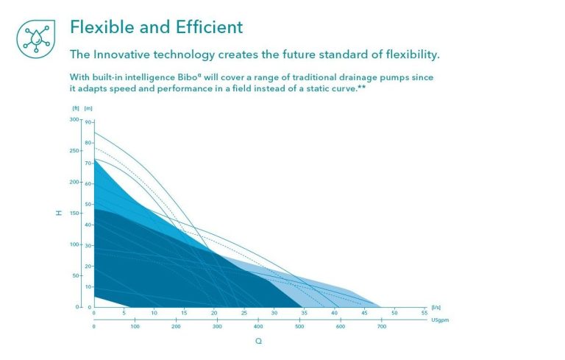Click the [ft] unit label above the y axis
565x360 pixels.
(x=75, y=108)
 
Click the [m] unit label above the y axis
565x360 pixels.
(x=88, y=108)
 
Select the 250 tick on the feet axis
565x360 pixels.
(x=74, y=151)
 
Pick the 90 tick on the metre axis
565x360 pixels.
(x=88, y=121)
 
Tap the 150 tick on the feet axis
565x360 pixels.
(x=74, y=213)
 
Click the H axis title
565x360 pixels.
(x=59, y=213)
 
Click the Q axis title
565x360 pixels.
(x=258, y=341)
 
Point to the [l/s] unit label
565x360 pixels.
(x=436, y=307)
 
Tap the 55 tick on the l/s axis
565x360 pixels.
(x=424, y=313)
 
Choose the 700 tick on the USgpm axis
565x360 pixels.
(x=381, y=325)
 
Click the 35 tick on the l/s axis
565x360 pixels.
(x=304, y=313)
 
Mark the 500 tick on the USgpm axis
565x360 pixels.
(x=299, y=325)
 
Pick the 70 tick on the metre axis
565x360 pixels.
(x=88, y=163)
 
